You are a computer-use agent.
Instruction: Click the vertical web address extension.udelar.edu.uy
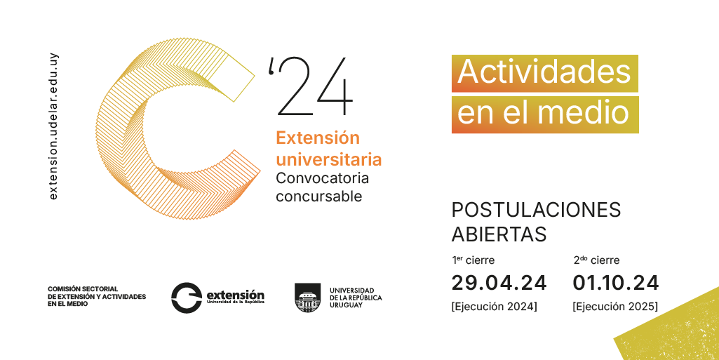coord(53,126)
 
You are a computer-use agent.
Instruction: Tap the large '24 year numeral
coord(311,87)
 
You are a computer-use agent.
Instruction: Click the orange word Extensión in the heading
coord(318,138)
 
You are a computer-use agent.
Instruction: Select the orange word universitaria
coord(329,159)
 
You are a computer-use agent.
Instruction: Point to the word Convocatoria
coord(323,178)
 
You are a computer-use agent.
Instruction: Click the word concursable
coord(318,196)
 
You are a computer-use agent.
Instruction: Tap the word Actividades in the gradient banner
coord(544,72)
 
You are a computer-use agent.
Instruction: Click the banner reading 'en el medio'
coord(545,114)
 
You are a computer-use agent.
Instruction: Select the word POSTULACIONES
coord(536,210)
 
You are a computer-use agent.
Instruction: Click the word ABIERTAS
coord(499,234)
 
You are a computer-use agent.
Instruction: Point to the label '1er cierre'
coord(473,260)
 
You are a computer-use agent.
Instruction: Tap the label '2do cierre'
coord(596,260)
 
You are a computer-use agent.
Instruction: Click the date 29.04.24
coord(499,283)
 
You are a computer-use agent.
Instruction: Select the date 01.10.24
coord(615,283)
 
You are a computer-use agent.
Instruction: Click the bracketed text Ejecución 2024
coord(495,307)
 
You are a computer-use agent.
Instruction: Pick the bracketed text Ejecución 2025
coord(615,307)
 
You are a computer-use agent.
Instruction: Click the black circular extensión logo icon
coord(187,298)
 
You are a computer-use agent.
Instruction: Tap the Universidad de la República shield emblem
coord(308,298)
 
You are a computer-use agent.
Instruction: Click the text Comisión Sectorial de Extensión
coord(97,296)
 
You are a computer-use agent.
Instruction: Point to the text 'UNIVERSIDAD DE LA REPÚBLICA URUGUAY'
coord(356,298)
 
